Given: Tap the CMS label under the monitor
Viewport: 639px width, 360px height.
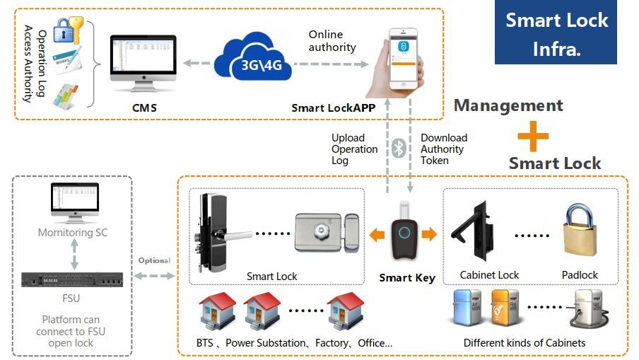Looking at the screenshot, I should (144, 108).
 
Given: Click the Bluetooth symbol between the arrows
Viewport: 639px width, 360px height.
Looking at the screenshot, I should (399, 148).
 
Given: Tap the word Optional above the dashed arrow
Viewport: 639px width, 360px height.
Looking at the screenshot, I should (154, 260).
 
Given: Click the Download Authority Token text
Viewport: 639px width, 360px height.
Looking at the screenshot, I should (443, 149).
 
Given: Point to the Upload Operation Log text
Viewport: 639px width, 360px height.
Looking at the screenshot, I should (354, 149).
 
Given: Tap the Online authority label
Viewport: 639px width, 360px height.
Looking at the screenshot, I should (332, 41).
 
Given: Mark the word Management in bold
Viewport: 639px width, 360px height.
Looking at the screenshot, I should (508, 106).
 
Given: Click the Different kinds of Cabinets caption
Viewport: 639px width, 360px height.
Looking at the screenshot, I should (524, 343).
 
